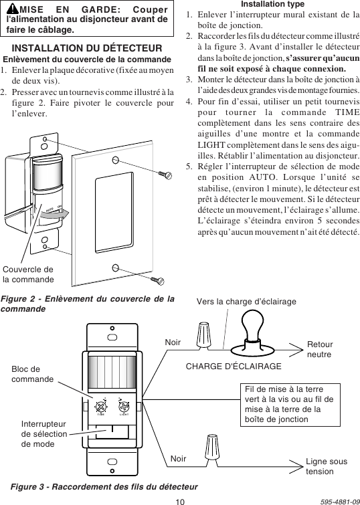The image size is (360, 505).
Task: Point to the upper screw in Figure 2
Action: click(165, 174)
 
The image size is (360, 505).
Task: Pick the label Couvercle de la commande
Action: click(27, 274)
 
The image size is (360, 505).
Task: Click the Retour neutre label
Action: click(319, 348)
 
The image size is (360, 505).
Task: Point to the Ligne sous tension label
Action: click(326, 466)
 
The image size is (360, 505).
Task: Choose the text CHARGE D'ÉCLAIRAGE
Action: click(233, 367)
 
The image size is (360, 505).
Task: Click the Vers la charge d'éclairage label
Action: click(246, 302)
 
